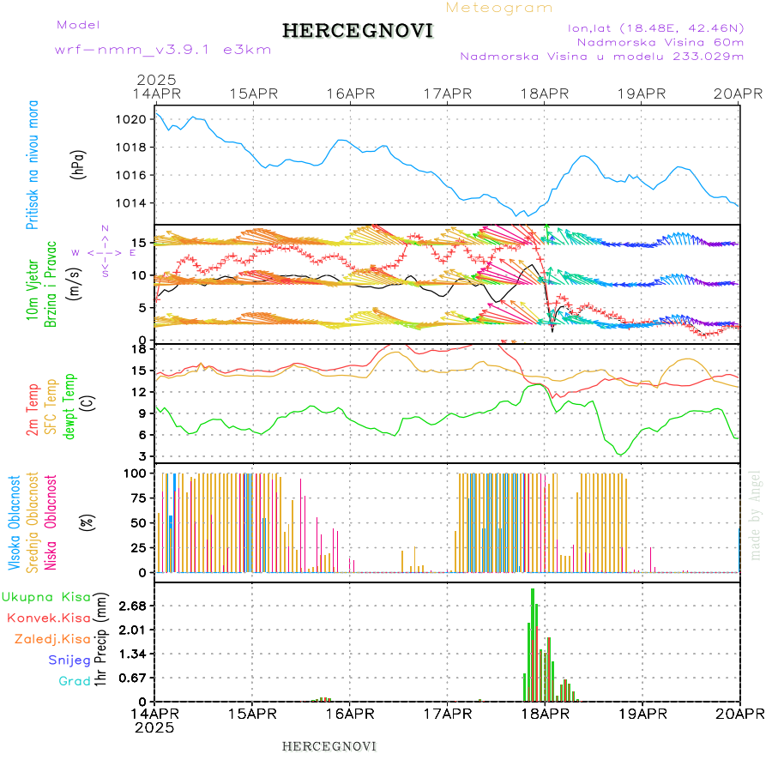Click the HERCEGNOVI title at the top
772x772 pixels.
click(358, 31)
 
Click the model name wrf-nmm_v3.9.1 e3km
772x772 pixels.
click(162, 49)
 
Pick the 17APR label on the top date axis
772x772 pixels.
click(448, 93)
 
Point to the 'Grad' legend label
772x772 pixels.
click(74, 681)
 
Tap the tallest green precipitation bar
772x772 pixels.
click(533, 643)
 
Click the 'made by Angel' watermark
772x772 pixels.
click(756, 514)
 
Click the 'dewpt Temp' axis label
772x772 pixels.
click(69, 404)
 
